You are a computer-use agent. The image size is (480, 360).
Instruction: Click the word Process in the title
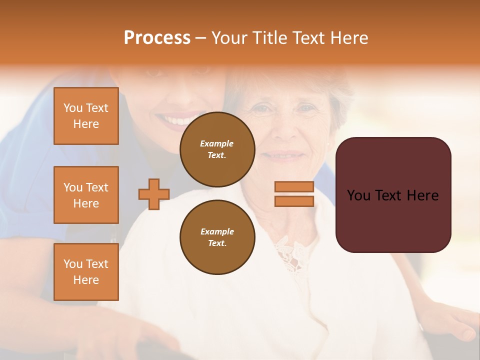[157, 38]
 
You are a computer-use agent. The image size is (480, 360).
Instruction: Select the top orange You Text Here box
[86, 116]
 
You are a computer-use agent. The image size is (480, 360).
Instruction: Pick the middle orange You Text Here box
[86, 195]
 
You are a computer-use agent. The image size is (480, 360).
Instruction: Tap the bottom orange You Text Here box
[86, 272]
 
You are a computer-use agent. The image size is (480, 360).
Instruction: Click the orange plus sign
[154, 194]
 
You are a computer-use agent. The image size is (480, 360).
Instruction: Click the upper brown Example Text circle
[217, 149]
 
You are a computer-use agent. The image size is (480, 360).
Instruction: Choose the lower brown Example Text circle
[217, 237]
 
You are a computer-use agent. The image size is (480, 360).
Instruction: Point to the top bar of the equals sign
[294, 186]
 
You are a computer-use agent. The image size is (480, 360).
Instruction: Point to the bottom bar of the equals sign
[294, 201]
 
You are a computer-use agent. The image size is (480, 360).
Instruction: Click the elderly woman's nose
[287, 131]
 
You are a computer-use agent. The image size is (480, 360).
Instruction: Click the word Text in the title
[310, 38]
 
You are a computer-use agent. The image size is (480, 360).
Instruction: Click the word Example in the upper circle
[217, 143]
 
